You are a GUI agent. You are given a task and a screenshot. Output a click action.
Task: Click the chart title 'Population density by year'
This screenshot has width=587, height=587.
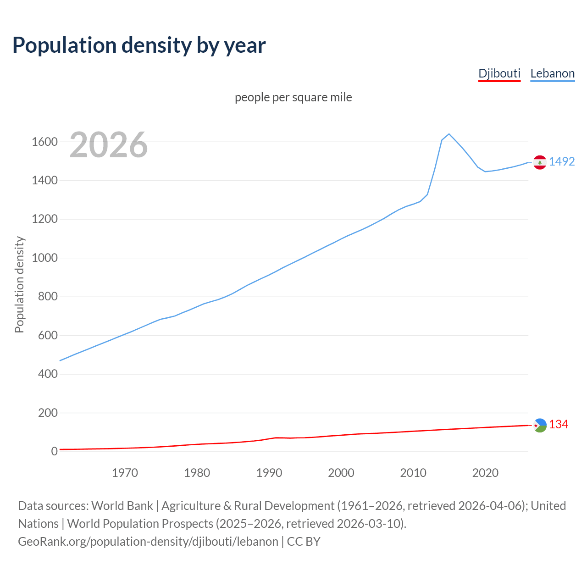pyautogui.click(x=139, y=45)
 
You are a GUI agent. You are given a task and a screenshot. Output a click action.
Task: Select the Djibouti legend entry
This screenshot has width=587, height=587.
pyautogui.click(x=499, y=73)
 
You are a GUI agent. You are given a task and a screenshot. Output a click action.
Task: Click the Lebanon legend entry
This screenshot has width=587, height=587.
pyautogui.click(x=552, y=73)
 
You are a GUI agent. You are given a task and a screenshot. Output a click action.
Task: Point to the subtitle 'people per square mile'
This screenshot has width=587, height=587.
pyautogui.click(x=293, y=97)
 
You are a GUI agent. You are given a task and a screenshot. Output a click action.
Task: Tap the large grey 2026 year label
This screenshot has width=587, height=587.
pyautogui.click(x=109, y=145)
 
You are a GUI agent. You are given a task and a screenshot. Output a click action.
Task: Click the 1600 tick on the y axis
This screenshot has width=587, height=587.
pyautogui.click(x=44, y=142)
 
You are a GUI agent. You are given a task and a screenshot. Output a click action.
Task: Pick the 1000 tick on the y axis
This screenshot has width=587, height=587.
pyautogui.click(x=44, y=258)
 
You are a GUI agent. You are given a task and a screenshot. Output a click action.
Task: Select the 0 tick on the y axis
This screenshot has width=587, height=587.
pyautogui.click(x=55, y=451)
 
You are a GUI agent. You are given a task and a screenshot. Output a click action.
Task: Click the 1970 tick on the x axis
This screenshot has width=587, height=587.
pyautogui.click(x=125, y=473)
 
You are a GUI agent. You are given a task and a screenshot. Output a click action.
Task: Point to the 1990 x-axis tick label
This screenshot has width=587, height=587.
pyautogui.click(x=269, y=473)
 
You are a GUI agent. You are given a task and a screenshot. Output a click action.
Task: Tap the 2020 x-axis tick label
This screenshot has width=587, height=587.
pyautogui.click(x=485, y=473)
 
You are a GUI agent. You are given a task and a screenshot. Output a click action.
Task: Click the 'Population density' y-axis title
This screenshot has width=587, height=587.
pyautogui.click(x=19, y=284)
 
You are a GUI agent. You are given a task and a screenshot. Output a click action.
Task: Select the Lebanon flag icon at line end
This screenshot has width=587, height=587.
pyautogui.click(x=540, y=162)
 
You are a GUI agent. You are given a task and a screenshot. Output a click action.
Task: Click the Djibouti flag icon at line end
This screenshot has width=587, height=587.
pyautogui.click(x=540, y=425)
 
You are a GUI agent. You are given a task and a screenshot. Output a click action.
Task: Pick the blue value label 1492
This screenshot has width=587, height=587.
pyautogui.click(x=562, y=161)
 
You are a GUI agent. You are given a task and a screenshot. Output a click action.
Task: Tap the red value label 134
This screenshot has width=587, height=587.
pyautogui.click(x=559, y=425)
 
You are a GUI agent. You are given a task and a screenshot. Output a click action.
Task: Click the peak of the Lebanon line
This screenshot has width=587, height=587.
pyautogui.click(x=449, y=134)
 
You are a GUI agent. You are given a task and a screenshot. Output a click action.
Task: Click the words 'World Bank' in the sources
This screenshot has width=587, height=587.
pyautogui.click(x=122, y=505)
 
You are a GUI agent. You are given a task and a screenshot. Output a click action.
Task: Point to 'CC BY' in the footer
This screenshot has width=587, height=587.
pyautogui.click(x=304, y=541)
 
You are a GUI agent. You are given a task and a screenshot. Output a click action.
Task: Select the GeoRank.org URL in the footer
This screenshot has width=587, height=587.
pyautogui.click(x=148, y=541)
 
